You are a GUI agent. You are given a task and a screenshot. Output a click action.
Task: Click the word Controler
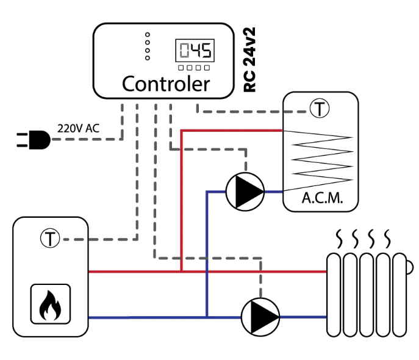point(166,84)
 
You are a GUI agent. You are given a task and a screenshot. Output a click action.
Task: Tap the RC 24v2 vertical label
point(250,60)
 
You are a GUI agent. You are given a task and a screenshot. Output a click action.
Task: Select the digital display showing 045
point(195,50)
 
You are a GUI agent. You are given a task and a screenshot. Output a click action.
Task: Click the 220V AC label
point(78,129)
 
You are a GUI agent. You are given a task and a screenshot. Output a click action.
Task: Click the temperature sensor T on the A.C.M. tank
point(320,108)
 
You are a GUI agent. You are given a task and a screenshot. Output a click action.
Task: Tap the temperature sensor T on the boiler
point(50,238)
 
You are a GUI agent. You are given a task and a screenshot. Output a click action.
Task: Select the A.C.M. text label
point(322,198)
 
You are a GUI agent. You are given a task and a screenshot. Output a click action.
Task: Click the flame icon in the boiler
point(50,305)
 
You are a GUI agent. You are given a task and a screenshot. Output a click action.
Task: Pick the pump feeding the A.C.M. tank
point(245,192)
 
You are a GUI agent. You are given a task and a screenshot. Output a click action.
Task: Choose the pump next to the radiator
point(260,317)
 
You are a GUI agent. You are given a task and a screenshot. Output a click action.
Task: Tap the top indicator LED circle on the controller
point(148,35)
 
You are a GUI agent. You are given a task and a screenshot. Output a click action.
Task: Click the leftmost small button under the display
point(181,68)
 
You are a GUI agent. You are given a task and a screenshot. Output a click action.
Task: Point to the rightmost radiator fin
point(399,295)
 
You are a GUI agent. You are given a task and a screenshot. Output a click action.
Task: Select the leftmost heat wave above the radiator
point(339,239)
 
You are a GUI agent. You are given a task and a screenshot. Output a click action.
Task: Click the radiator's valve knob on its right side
point(410,267)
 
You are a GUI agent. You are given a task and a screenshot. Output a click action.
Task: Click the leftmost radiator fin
point(334,295)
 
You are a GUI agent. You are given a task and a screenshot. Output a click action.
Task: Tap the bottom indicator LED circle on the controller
point(148,58)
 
